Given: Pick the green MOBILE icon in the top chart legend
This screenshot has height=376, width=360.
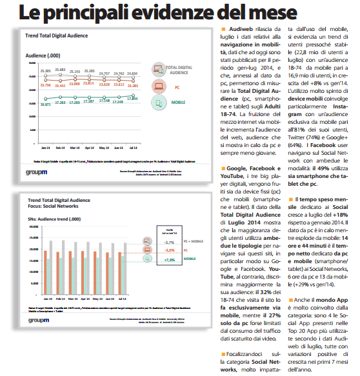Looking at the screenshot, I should tap(158, 102).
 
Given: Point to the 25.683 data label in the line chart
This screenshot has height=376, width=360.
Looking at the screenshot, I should tap(61, 69).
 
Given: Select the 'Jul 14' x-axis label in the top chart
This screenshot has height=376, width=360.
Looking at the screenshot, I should tap(132, 130).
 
